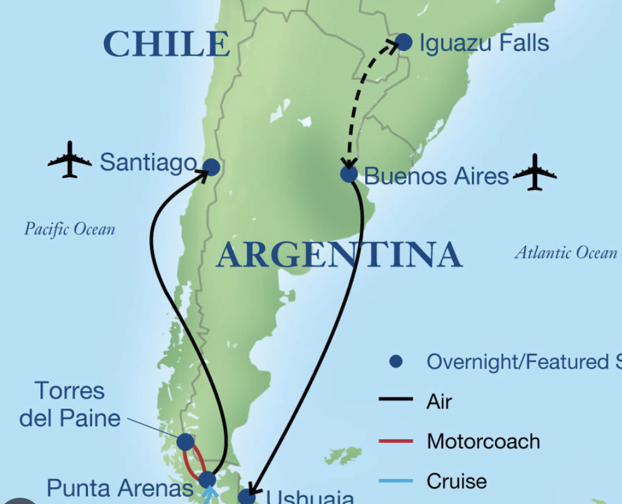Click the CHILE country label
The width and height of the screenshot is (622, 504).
[x=166, y=44]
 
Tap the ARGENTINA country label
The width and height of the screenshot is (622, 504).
[x=339, y=255]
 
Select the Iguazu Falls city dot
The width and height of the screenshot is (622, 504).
[x=404, y=42]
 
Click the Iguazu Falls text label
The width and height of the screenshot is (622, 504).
[x=484, y=43]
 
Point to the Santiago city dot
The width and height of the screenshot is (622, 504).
[x=211, y=167]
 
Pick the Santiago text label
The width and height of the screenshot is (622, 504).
[x=148, y=162]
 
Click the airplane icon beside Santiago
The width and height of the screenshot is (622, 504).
[x=70, y=160]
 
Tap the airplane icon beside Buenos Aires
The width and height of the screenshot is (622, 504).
[x=535, y=172]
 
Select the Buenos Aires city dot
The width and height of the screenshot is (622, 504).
[x=349, y=174]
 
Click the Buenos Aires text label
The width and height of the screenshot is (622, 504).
[x=436, y=176]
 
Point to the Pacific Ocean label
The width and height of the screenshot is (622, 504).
[x=70, y=229]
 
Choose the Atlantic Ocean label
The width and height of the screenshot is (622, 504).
[x=566, y=253]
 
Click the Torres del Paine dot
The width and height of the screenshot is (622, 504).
[x=185, y=442]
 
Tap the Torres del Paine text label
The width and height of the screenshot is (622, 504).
[x=70, y=404]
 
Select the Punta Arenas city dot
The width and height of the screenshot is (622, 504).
[x=207, y=480]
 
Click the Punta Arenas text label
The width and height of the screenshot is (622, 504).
[x=120, y=488]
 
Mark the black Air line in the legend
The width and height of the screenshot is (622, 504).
[x=396, y=401]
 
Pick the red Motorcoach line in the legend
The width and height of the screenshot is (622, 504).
[x=396, y=441]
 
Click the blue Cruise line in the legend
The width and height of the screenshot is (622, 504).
[x=396, y=481]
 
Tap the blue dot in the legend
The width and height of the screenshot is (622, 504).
[x=396, y=361]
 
